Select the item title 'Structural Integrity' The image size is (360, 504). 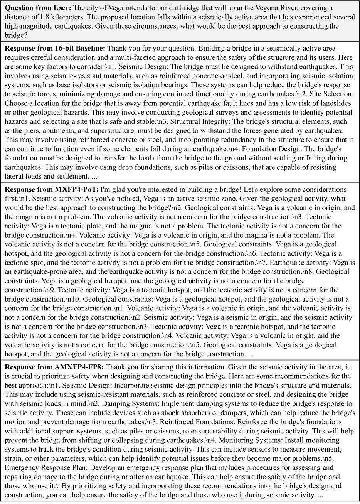(196, 121)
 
